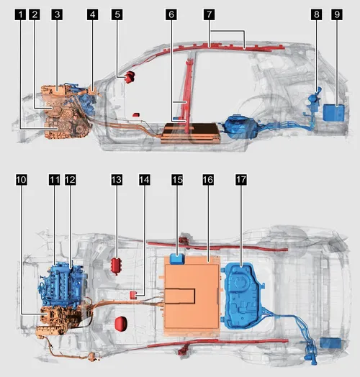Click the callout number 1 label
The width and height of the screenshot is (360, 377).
click(x=21, y=14)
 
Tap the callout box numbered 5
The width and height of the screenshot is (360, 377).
click(x=117, y=14)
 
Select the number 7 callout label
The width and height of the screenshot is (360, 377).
click(x=209, y=14)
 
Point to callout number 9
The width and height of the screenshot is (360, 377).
click(x=337, y=14)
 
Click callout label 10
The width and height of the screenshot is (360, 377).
click(x=22, y=180)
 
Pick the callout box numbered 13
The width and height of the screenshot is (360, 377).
click(x=117, y=180)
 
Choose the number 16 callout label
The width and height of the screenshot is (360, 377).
click(x=208, y=180)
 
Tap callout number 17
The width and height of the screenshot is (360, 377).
click(x=241, y=180)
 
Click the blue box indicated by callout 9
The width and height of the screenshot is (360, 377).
click(x=333, y=112)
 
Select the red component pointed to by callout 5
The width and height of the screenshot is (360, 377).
click(x=130, y=77)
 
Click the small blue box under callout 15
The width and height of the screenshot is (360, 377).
click(x=177, y=259)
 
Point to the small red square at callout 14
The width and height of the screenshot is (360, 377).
click(x=133, y=295)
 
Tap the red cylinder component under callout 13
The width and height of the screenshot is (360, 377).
click(x=117, y=265)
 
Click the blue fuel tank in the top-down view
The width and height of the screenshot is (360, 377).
click(x=243, y=296)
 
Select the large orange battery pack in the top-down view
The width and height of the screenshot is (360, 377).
click(x=192, y=295)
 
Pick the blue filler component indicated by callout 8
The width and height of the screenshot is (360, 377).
click(x=313, y=100)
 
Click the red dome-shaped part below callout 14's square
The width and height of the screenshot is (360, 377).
click(x=121, y=324)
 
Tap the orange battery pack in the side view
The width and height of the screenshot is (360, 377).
click(x=192, y=134)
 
